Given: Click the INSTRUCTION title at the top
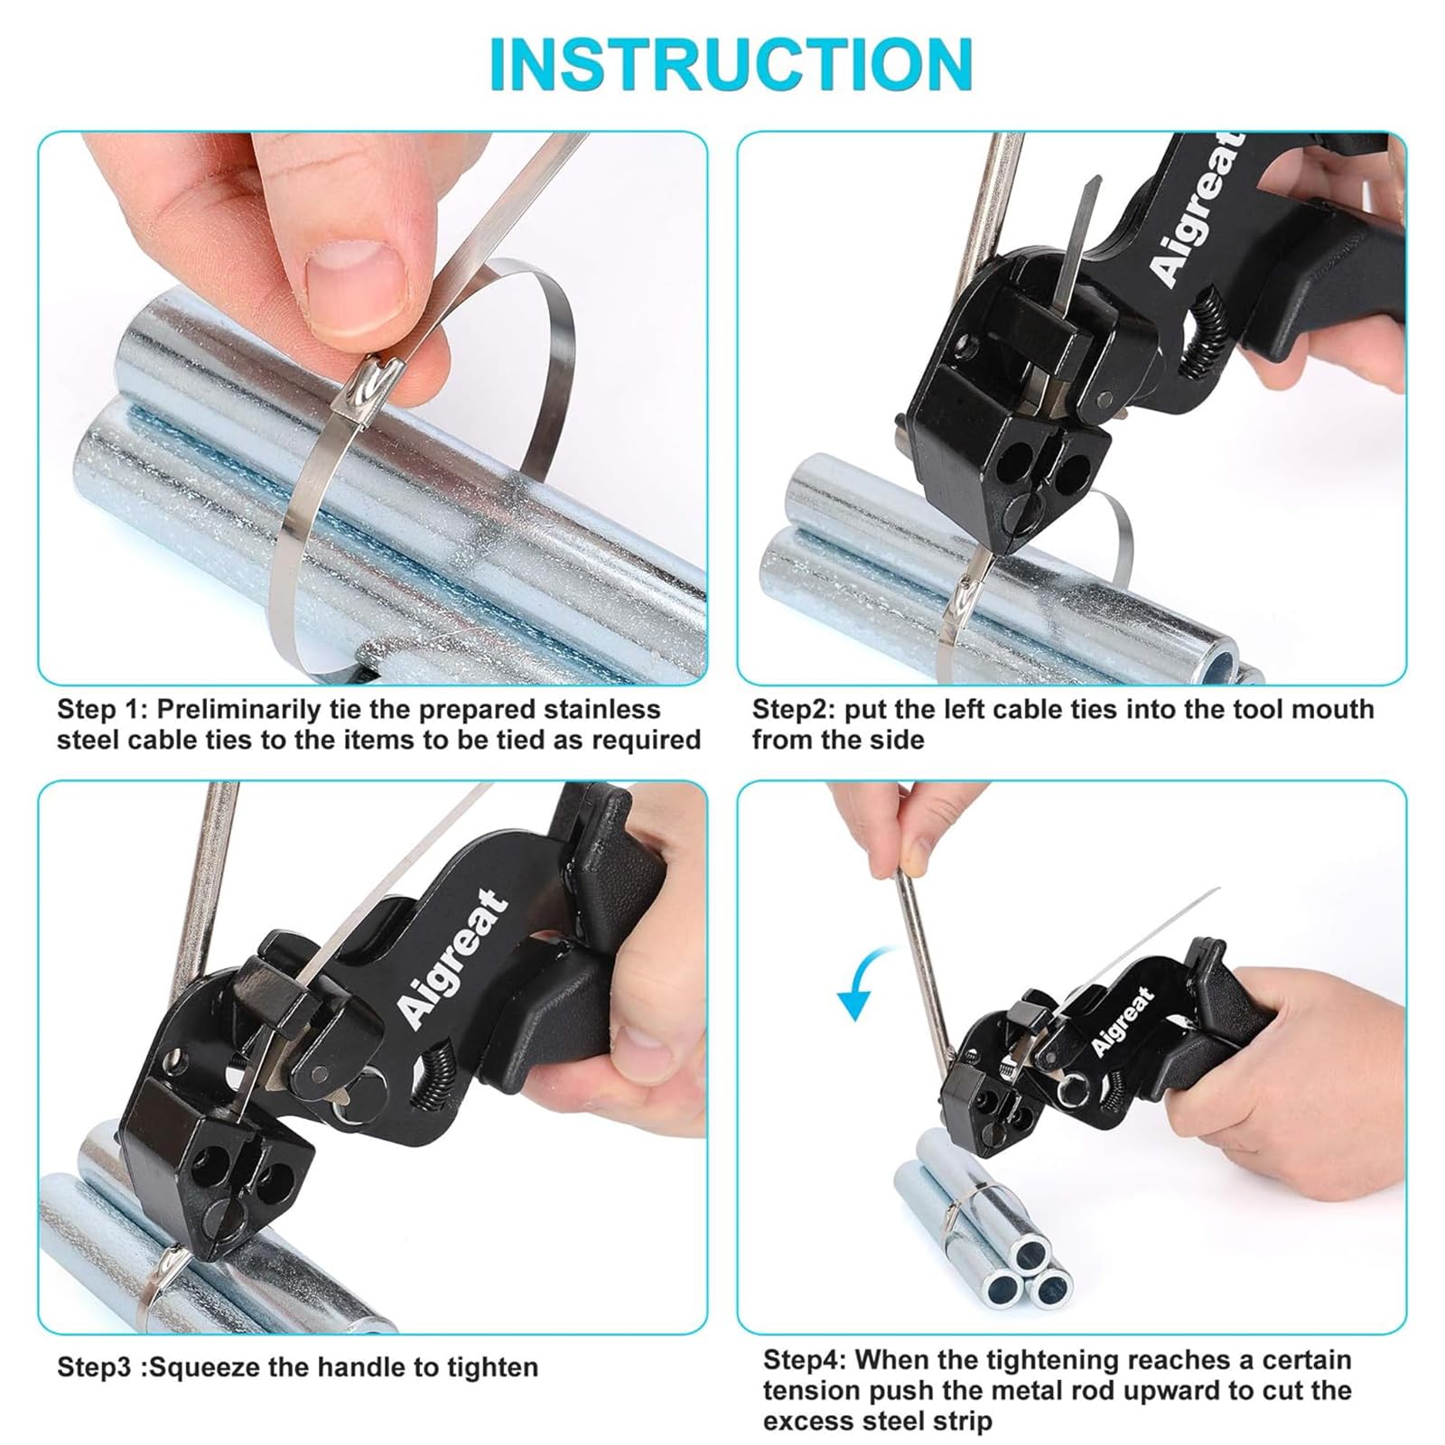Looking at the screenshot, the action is [730, 63].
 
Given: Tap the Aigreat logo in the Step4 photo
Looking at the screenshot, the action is [1123, 1021].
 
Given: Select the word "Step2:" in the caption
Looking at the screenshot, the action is [795, 709].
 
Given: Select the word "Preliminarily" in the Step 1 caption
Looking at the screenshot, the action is [250, 709].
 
